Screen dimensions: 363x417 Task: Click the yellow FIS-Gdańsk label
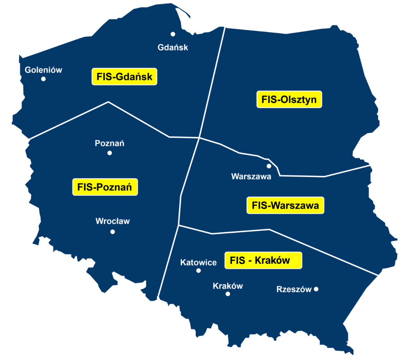pyautogui.click(x=124, y=77)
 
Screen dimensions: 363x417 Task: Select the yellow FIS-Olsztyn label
pyautogui.click(x=289, y=99)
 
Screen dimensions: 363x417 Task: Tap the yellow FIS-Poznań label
pyautogui.click(x=105, y=187)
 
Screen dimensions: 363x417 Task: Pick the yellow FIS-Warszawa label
pyautogui.click(x=285, y=205)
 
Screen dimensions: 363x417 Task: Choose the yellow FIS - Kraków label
pyautogui.click(x=263, y=260)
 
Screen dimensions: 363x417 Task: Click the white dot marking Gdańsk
pyautogui.click(x=173, y=34)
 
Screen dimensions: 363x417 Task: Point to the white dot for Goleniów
pyautogui.click(x=43, y=79)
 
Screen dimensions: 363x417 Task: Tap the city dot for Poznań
pyautogui.click(x=110, y=153)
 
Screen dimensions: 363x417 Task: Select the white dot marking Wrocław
pyautogui.click(x=112, y=232)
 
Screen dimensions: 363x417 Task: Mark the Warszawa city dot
pyautogui.click(x=269, y=166)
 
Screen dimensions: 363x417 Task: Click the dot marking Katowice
pyautogui.click(x=199, y=271)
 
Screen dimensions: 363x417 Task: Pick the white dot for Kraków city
pyautogui.click(x=228, y=294)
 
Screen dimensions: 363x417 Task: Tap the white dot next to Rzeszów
pyautogui.click(x=316, y=289)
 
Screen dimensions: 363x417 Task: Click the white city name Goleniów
pyautogui.click(x=43, y=70)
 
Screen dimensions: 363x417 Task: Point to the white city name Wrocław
pyautogui.click(x=112, y=221)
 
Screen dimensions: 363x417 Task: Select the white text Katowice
pyautogui.click(x=198, y=263)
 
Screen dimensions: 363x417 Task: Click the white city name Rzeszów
pyautogui.click(x=294, y=289)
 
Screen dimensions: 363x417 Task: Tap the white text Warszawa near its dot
pyautogui.click(x=251, y=176)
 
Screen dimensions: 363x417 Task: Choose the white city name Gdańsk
pyautogui.click(x=173, y=48)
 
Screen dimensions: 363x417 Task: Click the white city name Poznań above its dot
pyautogui.click(x=110, y=143)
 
